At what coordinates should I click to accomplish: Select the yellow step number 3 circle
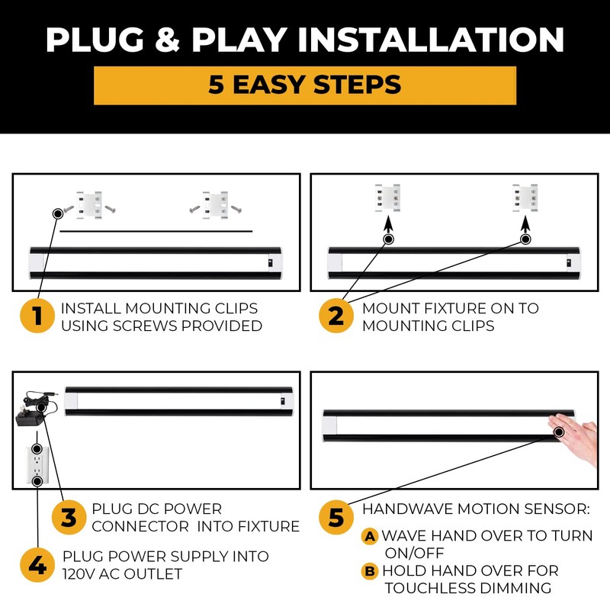click(x=69, y=518)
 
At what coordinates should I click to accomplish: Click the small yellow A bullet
click(x=370, y=537)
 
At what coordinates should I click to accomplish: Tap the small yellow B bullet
click(x=370, y=570)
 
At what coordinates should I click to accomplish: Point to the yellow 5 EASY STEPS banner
click(x=305, y=85)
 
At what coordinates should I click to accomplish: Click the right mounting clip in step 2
click(x=525, y=197)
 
